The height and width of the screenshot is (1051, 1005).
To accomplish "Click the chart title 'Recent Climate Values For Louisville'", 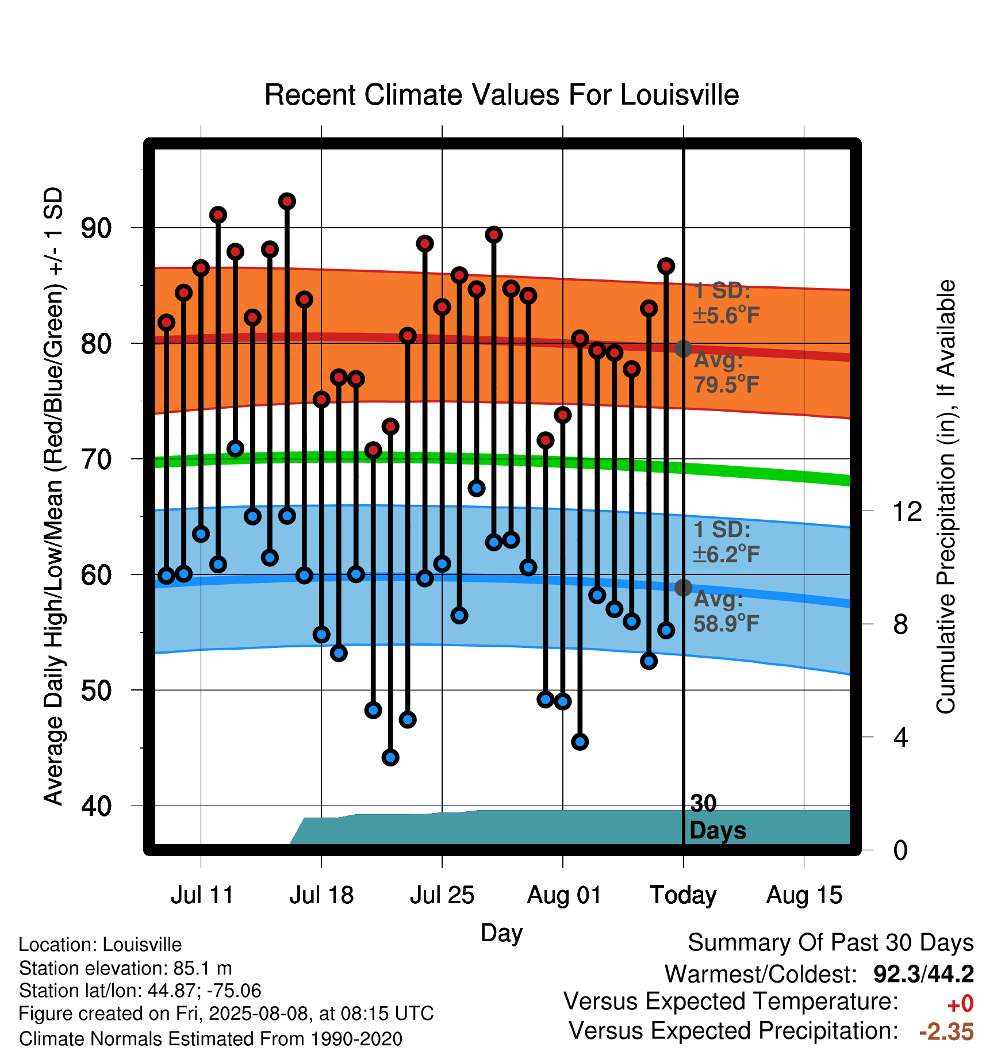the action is click(x=501, y=95).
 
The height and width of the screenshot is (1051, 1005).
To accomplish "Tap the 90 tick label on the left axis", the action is click(x=96, y=229).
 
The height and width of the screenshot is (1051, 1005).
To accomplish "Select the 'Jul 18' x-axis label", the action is click(x=321, y=895).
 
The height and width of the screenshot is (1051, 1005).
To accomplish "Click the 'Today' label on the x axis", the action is click(x=683, y=895).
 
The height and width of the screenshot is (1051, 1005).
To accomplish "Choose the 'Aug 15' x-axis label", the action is click(x=804, y=895).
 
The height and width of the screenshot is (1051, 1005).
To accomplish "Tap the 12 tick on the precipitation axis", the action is click(x=907, y=511).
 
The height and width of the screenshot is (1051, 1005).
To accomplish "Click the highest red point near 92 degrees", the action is click(x=287, y=201).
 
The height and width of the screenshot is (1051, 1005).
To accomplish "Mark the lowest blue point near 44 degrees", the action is click(x=390, y=757).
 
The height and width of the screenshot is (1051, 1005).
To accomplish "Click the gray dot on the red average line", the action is click(x=683, y=348).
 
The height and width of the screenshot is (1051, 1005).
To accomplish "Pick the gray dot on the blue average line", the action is click(x=683, y=588).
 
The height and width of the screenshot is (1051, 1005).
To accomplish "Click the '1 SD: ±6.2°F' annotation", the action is click(x=726, y=542).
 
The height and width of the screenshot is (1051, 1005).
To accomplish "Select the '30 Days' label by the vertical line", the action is click(x=718, y=817).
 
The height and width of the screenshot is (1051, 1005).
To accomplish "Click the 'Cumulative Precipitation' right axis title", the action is click(x=946, y=497).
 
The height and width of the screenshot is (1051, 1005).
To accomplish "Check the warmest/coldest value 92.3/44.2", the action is click(x=923, y=974).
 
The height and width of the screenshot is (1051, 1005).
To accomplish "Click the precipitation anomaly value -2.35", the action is click(x=946, y=1031).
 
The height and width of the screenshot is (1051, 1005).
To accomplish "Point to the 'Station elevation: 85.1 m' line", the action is click(x=125, y=968).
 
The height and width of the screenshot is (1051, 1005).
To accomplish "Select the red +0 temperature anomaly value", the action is click(x=960, y=1004).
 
